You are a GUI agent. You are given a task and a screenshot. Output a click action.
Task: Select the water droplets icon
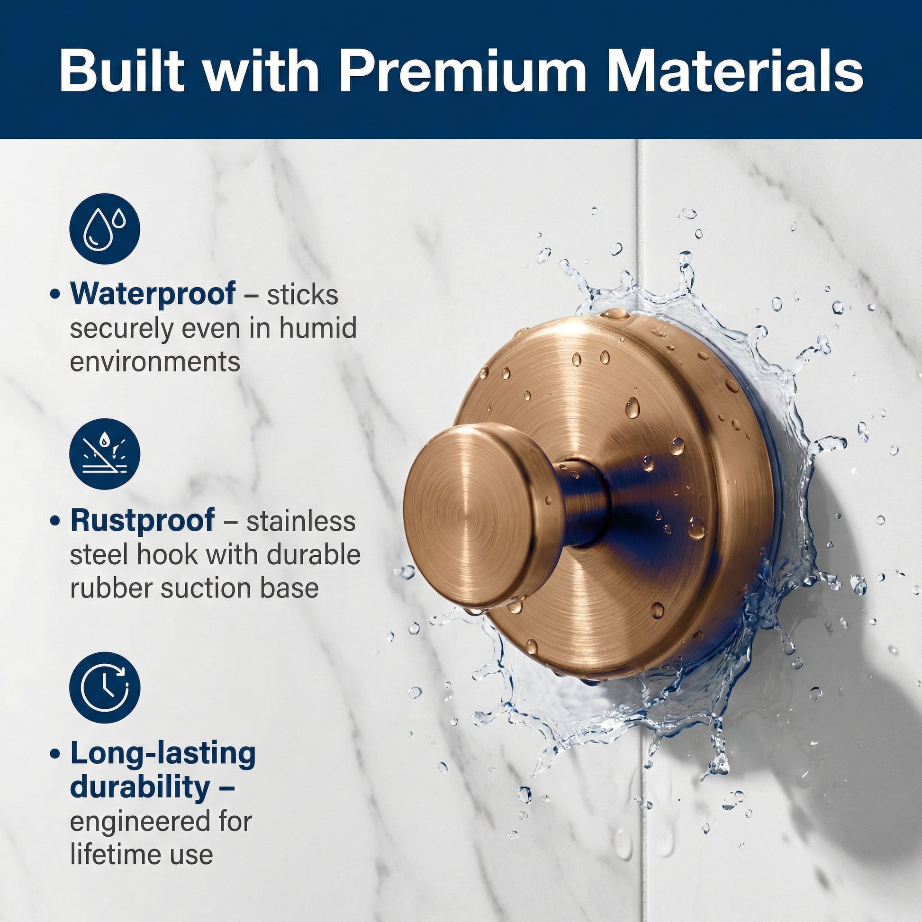pos(105,229)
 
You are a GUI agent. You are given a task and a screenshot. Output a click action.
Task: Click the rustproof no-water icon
pos(105,454)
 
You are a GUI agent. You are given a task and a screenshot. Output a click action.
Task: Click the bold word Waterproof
pos(153,294)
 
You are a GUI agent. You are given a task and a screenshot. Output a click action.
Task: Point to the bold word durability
pos(140,788)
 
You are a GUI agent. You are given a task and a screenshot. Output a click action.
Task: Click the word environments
pos(155,362)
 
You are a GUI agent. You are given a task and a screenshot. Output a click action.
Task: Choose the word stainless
pos(301,521)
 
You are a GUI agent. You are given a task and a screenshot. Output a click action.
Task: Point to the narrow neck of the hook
pos(585,504)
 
